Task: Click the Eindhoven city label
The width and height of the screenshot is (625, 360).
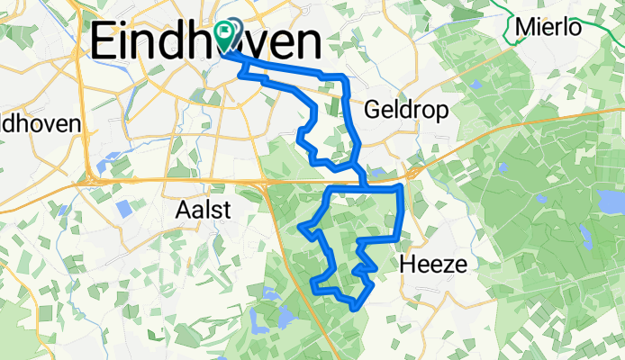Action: (206, 42)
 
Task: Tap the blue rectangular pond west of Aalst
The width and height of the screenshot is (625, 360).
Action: (124, 208)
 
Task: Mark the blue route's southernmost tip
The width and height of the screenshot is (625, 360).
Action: (360, 306)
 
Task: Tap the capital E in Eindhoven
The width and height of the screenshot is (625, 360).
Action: (105, 42)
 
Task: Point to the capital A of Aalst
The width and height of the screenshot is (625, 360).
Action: (180, 210)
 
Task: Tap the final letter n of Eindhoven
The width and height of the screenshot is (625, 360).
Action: (307, 42)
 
